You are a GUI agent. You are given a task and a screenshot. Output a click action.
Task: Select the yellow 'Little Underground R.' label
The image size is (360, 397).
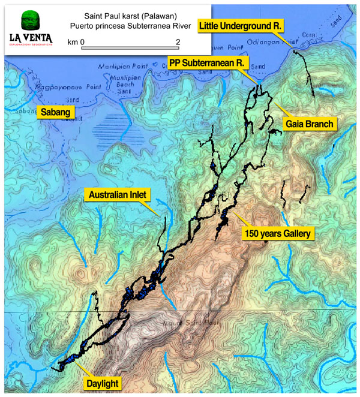[x=242, y=26]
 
